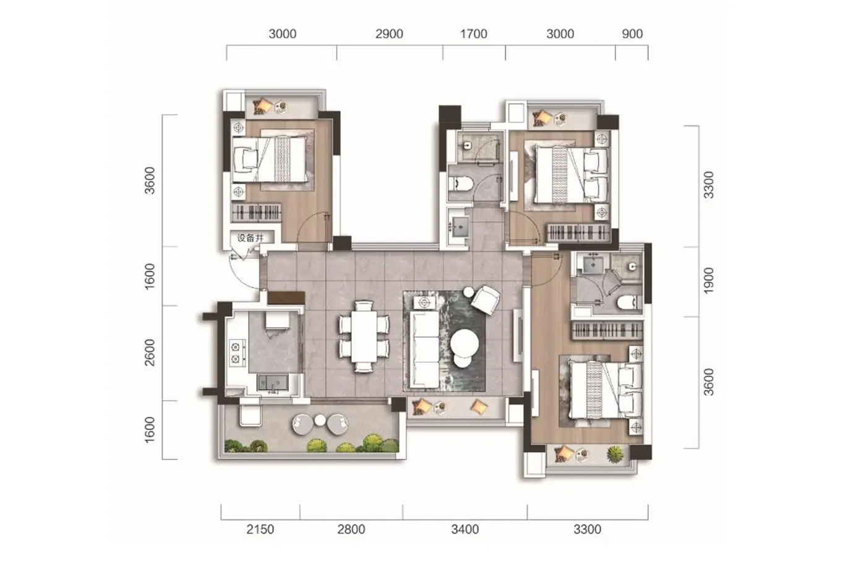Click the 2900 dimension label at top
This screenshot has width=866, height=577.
389,34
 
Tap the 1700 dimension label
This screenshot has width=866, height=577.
473,34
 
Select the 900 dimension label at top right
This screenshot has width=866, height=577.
632,34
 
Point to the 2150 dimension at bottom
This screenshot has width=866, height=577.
260,529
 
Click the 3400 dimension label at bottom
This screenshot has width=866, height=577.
465,529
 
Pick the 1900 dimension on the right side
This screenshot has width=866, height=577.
708,280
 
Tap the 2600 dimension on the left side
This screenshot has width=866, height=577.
149,353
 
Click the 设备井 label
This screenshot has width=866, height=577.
250,237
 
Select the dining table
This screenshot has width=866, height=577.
364,336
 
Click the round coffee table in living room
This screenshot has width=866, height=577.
465,343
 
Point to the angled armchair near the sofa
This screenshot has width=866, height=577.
486,300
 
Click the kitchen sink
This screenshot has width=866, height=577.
273,383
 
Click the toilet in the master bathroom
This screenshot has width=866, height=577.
627,302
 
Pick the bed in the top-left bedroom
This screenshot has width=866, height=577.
270,160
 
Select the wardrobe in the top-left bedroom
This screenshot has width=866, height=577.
256,213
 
